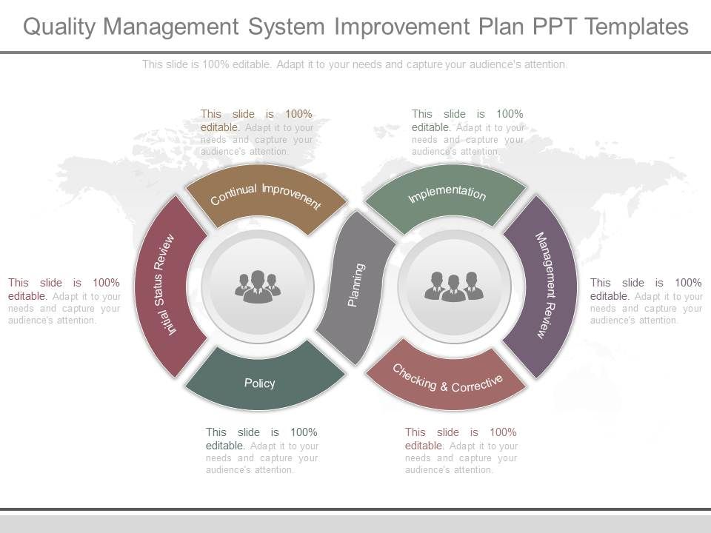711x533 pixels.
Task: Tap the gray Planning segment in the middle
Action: (356, 286)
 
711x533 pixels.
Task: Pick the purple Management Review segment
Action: (545, 286)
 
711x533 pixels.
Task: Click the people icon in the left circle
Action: (258, 286)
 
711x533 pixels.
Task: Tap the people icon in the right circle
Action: (453, 286)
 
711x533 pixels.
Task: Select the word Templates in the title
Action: (636, 27)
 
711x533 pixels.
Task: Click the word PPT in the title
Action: (552, 27)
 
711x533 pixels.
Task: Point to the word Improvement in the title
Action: (401, 27)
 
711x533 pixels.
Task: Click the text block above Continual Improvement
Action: (256, 133)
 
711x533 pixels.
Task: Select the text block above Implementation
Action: (467, 133)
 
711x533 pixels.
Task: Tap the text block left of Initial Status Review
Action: (64, 301)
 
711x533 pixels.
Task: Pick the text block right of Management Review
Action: (646, 301)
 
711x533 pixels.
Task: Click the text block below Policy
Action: (262, 451)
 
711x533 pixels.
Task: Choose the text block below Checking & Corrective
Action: (461, 451)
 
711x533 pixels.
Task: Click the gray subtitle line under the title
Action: (355, 64)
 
